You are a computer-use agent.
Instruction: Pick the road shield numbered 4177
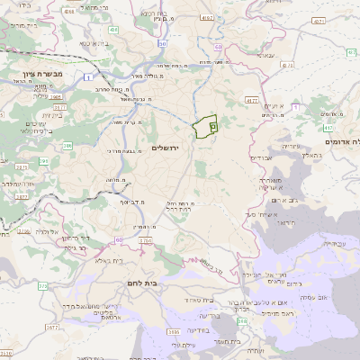(x=252, y=101)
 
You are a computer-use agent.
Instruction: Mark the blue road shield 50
(x=162, y=42)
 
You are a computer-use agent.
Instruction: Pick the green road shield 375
(x=42, y=286)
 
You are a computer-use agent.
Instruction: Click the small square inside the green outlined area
(x=211, y=128)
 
